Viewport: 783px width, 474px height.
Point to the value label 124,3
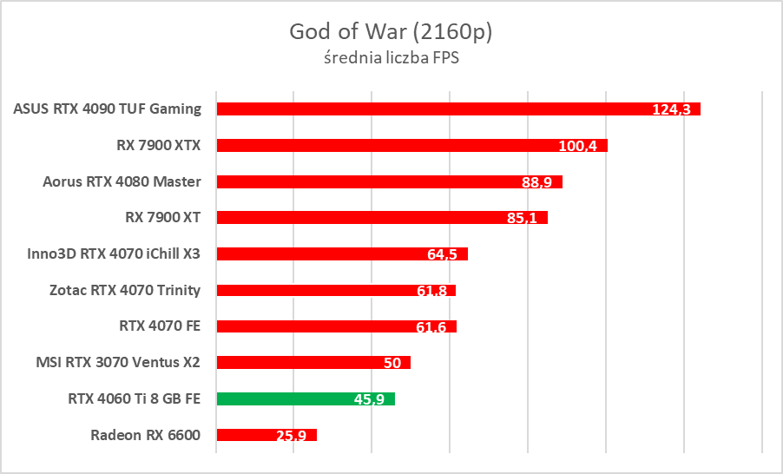pyautogui.click(x=670, y=109)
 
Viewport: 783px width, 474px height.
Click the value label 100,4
pyautogui.click(x=577, y=146)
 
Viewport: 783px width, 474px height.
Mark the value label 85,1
pyautogui.click(x=522, y=218)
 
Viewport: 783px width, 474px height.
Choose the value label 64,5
pyautogui.click(x=443, y=254)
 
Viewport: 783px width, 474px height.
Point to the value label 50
pyautogui.click(x=392, y=363)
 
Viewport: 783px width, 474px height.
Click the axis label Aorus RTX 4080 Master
pyautogui.click(x=122, y=181)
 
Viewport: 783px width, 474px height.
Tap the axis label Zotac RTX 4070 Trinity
pyautogui.click(x=125, y=290)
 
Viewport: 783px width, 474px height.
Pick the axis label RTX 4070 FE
pyautogui.click(x=160, y=326)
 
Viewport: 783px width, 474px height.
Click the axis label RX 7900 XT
pyautogui.click(x=163, y=217)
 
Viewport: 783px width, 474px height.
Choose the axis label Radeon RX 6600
pyautogui.click(x=145, y=435)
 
